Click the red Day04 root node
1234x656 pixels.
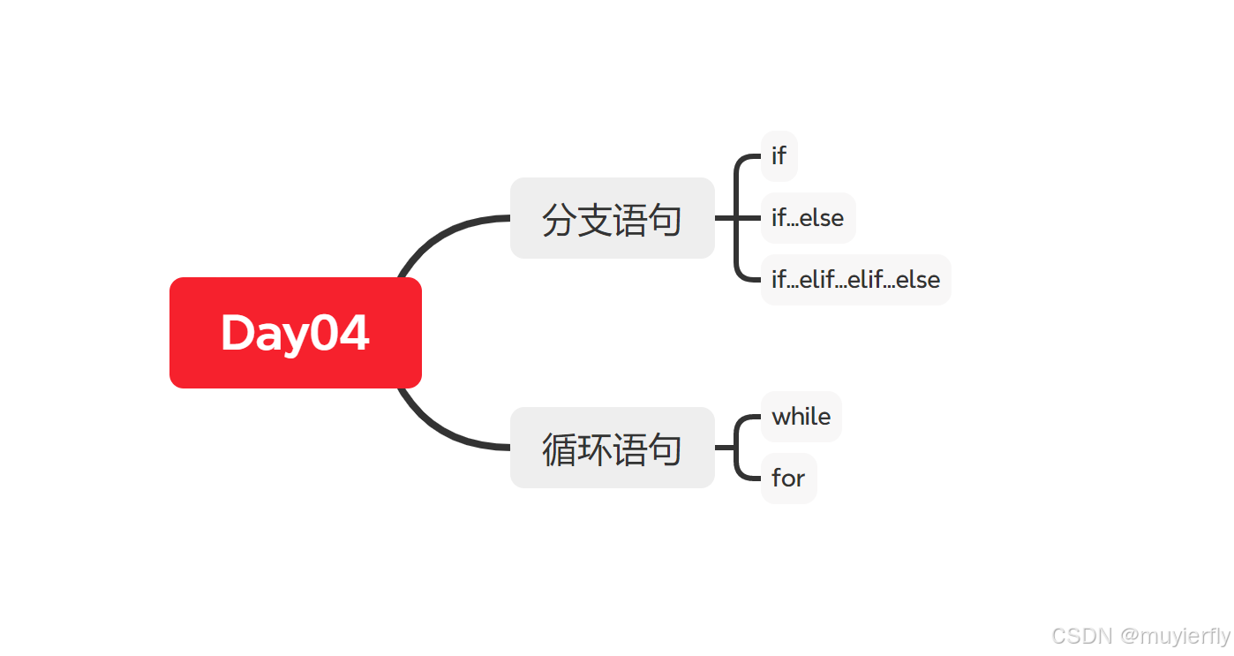coord(295,333)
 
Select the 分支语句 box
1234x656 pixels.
coord(612,218)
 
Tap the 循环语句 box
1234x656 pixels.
coord(612,448)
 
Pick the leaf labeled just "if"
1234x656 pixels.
coord(779,156)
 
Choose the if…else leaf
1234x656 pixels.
coord(808,218)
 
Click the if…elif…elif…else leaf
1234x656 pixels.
coord(855,280)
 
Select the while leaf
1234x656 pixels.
coord(801,417)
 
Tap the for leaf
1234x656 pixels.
coord(788,479)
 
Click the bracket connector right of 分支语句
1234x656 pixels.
coord(735,218)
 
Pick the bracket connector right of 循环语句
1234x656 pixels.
coord(735,448)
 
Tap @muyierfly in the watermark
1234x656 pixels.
coord(1175,636)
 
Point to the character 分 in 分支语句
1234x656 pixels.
coord(559,219)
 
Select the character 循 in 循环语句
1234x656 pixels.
coord(559,449)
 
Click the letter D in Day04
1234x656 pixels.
coord(238,334)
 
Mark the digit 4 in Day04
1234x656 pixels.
coord(353,334)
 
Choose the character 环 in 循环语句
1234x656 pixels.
coord(594,449)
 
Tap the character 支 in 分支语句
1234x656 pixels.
coord(594,219)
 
